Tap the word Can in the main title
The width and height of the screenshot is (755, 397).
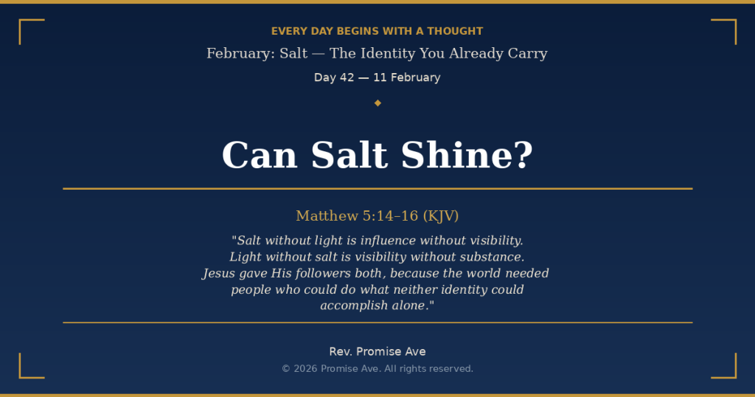(x=260, y=156)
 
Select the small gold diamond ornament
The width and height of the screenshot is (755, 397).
(x=377, y=103)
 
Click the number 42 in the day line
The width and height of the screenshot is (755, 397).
(x=347, y=77)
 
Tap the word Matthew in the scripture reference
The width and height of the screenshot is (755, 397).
(x=327, y=215)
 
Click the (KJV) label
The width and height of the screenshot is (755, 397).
(x=441, y=215)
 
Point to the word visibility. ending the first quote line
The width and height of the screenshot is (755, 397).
(x=491, y=241)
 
